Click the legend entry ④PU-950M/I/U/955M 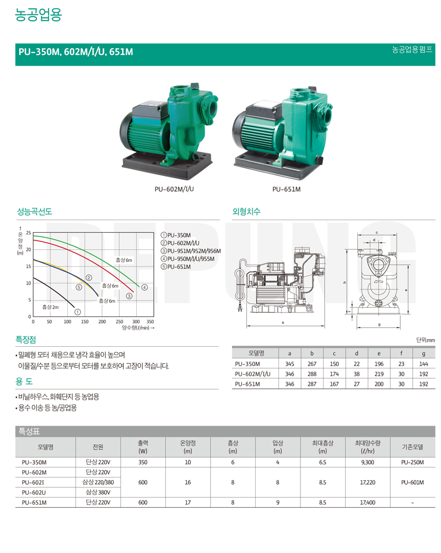pyautogui.click(x=187, y=259)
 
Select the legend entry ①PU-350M pyautogui.click(x=175, y=235)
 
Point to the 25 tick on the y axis pyautogui.click(x=28, y=233)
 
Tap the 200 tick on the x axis pyautogui.click(x=102, y=321)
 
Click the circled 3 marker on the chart pyautogui.click(x=130, y=296)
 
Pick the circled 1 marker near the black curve pyautogui.click(x=78, y=312)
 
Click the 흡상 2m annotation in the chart pyautogui.click(x=50, y=307)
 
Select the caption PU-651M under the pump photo pyautogui.click(x=286, y=190)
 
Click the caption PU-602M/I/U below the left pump pyautogui.click(x=174, y=190)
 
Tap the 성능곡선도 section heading pyautogui.click(x=35, y=212)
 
